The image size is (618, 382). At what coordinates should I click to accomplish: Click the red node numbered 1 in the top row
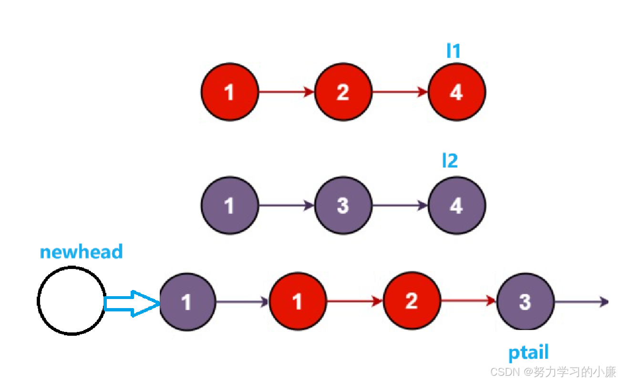(x=229, y=92)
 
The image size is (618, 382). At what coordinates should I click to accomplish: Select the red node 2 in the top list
(x=343, y=92)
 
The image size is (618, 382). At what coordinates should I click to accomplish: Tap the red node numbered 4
(x=456, y=92)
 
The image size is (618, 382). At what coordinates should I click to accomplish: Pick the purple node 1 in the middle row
(x=229, y=206)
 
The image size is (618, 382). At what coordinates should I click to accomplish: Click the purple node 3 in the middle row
(x=343, y=206)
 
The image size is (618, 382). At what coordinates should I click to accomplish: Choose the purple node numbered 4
(x=456, y=206)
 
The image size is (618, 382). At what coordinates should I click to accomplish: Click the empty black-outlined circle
(x=71, y=301)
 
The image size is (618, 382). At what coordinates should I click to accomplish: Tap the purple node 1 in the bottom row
(x=187, y=302)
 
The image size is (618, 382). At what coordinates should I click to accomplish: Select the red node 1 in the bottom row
(x=298, y=302)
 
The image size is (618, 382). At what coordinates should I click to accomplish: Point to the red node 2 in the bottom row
(x=412, y=302)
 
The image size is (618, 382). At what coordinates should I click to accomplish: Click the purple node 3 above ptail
(x=525, y=302)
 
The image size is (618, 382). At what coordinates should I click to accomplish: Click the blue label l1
(x=453, y=51)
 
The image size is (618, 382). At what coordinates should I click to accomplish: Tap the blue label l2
(x=450, y=161)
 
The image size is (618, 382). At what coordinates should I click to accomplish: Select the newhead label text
(x=81, y=251)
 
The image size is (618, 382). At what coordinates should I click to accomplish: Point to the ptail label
(x=528, y=353)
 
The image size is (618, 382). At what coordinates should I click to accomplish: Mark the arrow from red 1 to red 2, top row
(x=286, y=92)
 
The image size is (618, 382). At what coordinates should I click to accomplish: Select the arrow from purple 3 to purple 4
(x=400, y=206)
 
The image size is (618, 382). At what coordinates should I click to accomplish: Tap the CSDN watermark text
(x=553, y=372)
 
